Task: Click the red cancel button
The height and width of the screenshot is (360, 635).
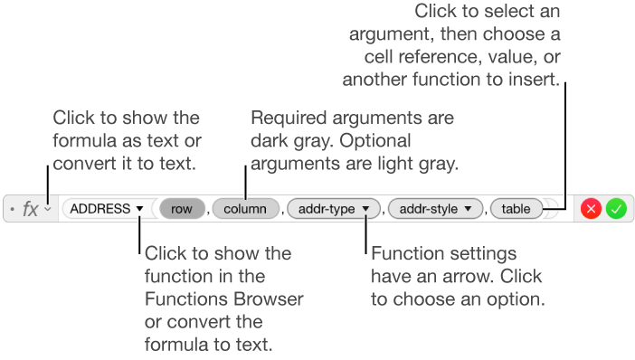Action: click(592, 209)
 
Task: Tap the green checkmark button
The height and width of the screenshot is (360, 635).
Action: click(616, 209)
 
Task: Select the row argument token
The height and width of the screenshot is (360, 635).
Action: click(182, 209)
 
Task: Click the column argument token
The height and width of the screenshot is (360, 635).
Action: click(245, 209)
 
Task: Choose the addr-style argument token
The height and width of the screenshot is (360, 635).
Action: click(430, 209)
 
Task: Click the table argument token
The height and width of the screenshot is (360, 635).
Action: click(517, 209)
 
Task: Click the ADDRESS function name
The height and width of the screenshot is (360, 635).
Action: click(100, 209)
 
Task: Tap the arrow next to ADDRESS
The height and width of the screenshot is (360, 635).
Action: click(139, 209)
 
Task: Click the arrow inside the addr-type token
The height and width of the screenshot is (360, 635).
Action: click(365, 209)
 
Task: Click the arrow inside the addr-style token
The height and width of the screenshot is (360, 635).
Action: click(468, 209)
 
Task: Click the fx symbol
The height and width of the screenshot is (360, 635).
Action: click(30, 209)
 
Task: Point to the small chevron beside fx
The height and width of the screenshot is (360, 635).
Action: click(47, 210)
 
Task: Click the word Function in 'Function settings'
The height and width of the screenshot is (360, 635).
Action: click(403, 253)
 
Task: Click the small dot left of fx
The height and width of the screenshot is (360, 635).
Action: click(10, 210)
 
